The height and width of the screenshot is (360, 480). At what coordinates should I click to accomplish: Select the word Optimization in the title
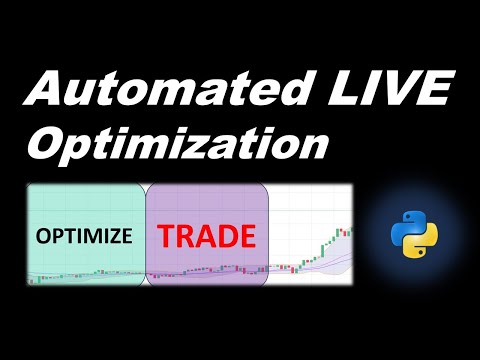(x=178, y=145)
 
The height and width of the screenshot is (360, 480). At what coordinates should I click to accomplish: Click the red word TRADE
(x=206, y=236)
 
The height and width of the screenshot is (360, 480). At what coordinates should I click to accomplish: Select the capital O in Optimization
(x=50, y=145)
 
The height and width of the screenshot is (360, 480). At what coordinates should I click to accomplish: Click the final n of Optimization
(x=314, y=146)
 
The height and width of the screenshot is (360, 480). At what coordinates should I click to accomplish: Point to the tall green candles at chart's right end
(x=330, y=246)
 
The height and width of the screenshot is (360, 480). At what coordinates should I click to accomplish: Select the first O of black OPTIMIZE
(x=43, y=238)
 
